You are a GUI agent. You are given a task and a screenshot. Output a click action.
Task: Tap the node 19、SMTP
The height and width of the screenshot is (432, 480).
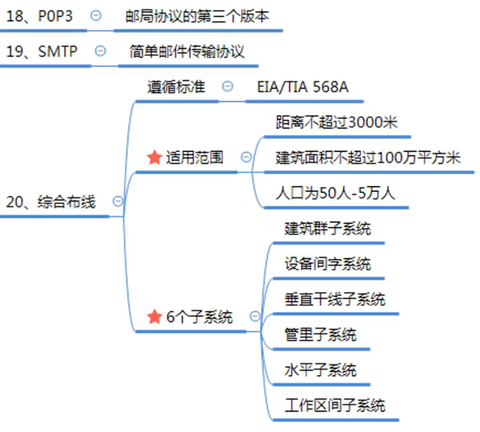pos(42,51)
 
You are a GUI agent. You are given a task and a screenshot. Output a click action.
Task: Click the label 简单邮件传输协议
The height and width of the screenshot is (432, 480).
pos(190,51)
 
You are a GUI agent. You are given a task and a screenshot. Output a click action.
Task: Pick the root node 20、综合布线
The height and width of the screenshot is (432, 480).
pos(50,202)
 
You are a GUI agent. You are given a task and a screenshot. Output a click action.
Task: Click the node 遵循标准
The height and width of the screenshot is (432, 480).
pos(177,86)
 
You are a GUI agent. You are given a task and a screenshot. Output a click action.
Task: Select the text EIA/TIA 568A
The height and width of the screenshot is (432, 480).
pos(303,86)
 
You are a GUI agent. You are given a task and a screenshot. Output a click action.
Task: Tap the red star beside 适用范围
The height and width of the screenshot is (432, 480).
pos(155,157)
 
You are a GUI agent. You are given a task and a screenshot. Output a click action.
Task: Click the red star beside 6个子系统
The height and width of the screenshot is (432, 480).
pos(155,317)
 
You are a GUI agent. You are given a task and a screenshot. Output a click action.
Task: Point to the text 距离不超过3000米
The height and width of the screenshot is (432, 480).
pos(337,122)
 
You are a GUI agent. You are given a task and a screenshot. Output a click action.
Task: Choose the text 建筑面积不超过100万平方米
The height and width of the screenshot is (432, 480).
pos(368,157)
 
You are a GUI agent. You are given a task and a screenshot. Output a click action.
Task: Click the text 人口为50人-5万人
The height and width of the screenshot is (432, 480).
pos(336,192)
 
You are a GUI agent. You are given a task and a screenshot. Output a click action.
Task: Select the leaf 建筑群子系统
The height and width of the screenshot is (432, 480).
pos(327,228)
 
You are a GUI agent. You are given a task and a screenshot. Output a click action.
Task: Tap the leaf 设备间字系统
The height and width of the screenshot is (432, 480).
pos(327,263)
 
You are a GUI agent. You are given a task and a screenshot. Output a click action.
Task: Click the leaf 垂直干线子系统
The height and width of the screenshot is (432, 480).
pos(335,298)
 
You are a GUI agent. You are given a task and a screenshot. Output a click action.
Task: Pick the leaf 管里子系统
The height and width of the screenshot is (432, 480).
pos(320,334)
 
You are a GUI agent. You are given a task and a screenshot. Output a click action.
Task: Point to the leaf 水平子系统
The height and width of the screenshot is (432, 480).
pos(320,370)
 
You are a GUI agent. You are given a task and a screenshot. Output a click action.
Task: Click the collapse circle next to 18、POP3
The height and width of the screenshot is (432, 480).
pos(96,16)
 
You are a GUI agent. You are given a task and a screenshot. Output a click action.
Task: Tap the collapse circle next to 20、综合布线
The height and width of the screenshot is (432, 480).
pos(117,201)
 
